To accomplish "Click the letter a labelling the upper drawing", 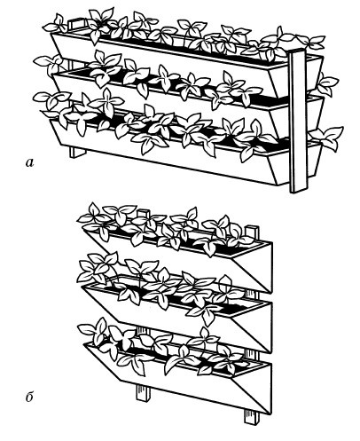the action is click(29, 162).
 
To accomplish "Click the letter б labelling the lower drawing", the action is click(29, 397).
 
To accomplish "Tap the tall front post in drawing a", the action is click(299, 122).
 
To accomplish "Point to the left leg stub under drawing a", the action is click(78, 153).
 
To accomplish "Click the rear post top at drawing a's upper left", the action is click(77, 24).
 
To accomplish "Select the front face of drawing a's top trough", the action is click(166, 59).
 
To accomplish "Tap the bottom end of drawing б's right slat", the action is click(252, 417).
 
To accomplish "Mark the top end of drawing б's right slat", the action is click(252, 232).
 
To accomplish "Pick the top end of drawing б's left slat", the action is click(144, 214).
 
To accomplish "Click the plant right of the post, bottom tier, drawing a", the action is click(326, 138).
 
